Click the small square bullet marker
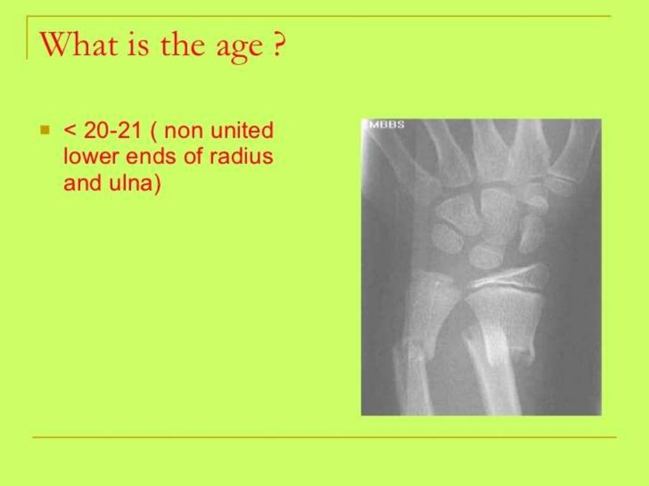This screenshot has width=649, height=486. click(x=44, y=131)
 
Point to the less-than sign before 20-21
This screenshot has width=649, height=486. click(x=69, y=132)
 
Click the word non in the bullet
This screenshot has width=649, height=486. click(x=184, y=131)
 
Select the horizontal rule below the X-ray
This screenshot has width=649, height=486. click(x=323, y=437)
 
